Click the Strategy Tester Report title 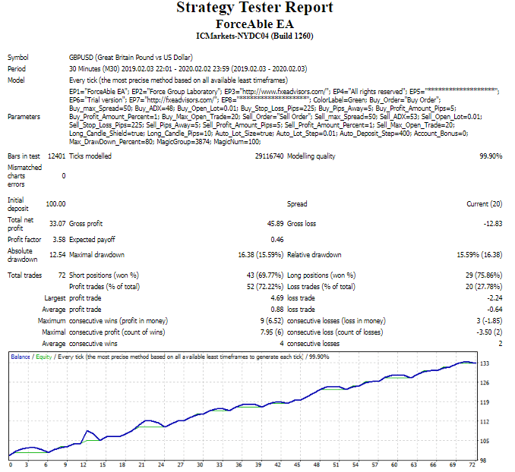click(254, 8)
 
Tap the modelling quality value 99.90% click(491, 156)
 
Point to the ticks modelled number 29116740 click(268, 156)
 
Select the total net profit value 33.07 click(55, 224)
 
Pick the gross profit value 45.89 click(275, 224)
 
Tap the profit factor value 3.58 click(58, 240)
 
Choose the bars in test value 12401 click(56, 156)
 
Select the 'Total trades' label click(24, 275)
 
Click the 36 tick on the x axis click(239, 464)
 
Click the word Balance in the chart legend click(21, 356)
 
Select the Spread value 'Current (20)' click(484, 203)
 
